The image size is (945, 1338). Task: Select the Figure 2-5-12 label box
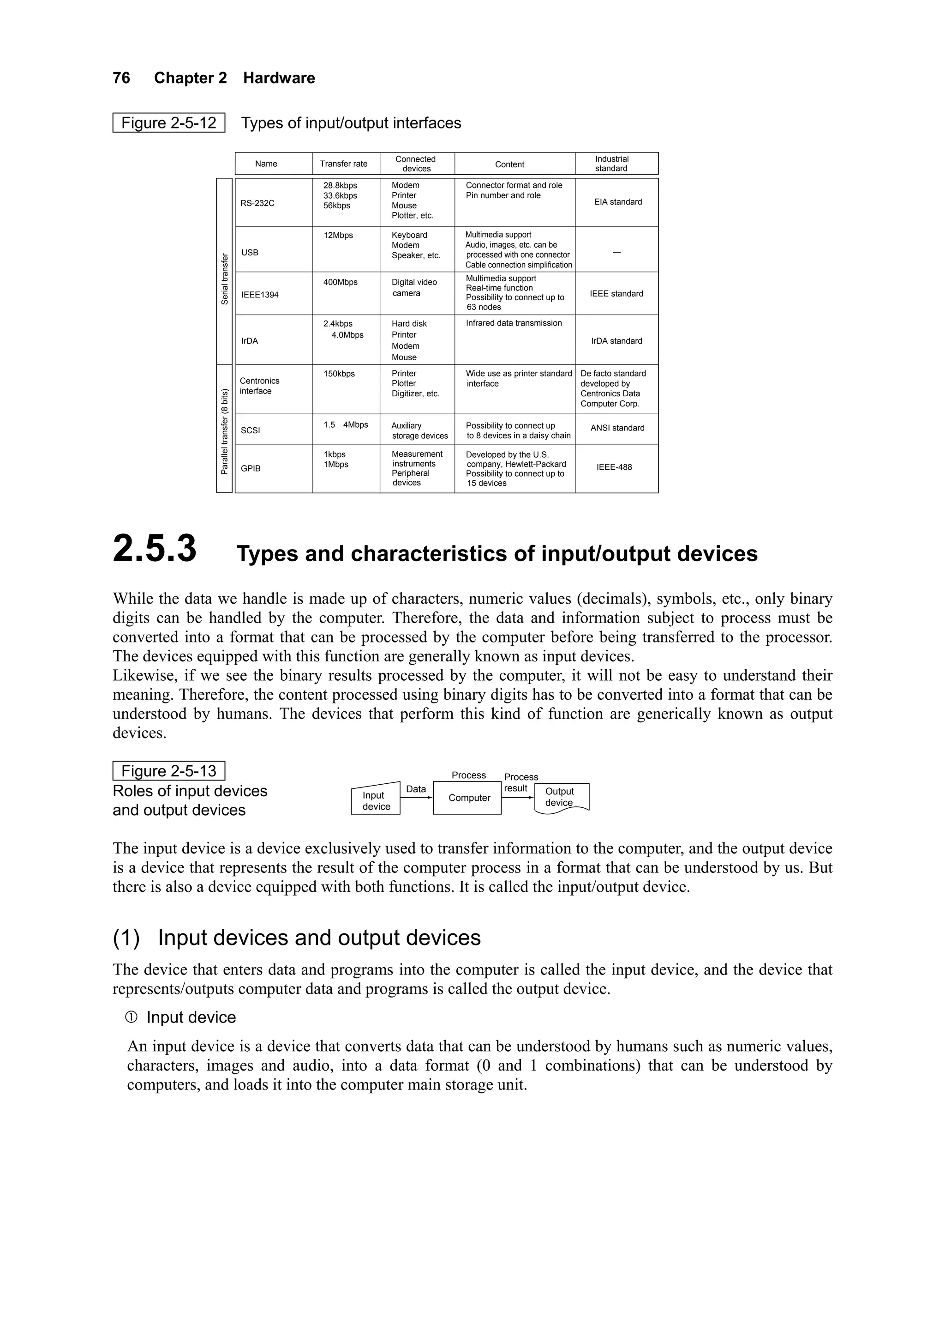click(x=168, y=123)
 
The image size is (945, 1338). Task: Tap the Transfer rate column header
click(x=343, y=164)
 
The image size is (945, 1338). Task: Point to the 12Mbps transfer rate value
click(x=338, y=236)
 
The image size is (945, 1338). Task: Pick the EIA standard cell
click(x=618, y=202)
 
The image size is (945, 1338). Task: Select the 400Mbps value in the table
click(x=340, y=282)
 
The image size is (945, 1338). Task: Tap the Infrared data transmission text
click(x=514, y=323)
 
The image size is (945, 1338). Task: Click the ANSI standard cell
click(x=617, y=428)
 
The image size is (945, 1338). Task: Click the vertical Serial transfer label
click(x=225, y=278)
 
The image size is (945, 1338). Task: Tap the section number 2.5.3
click(x=155, y=549)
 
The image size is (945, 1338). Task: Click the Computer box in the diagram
click(x=469, y=798)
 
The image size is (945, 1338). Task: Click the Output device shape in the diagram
click(x=560, y=797)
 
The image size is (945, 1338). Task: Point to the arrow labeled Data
click(x=416, y=797)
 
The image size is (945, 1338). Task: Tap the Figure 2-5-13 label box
click(x=168, y=771)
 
